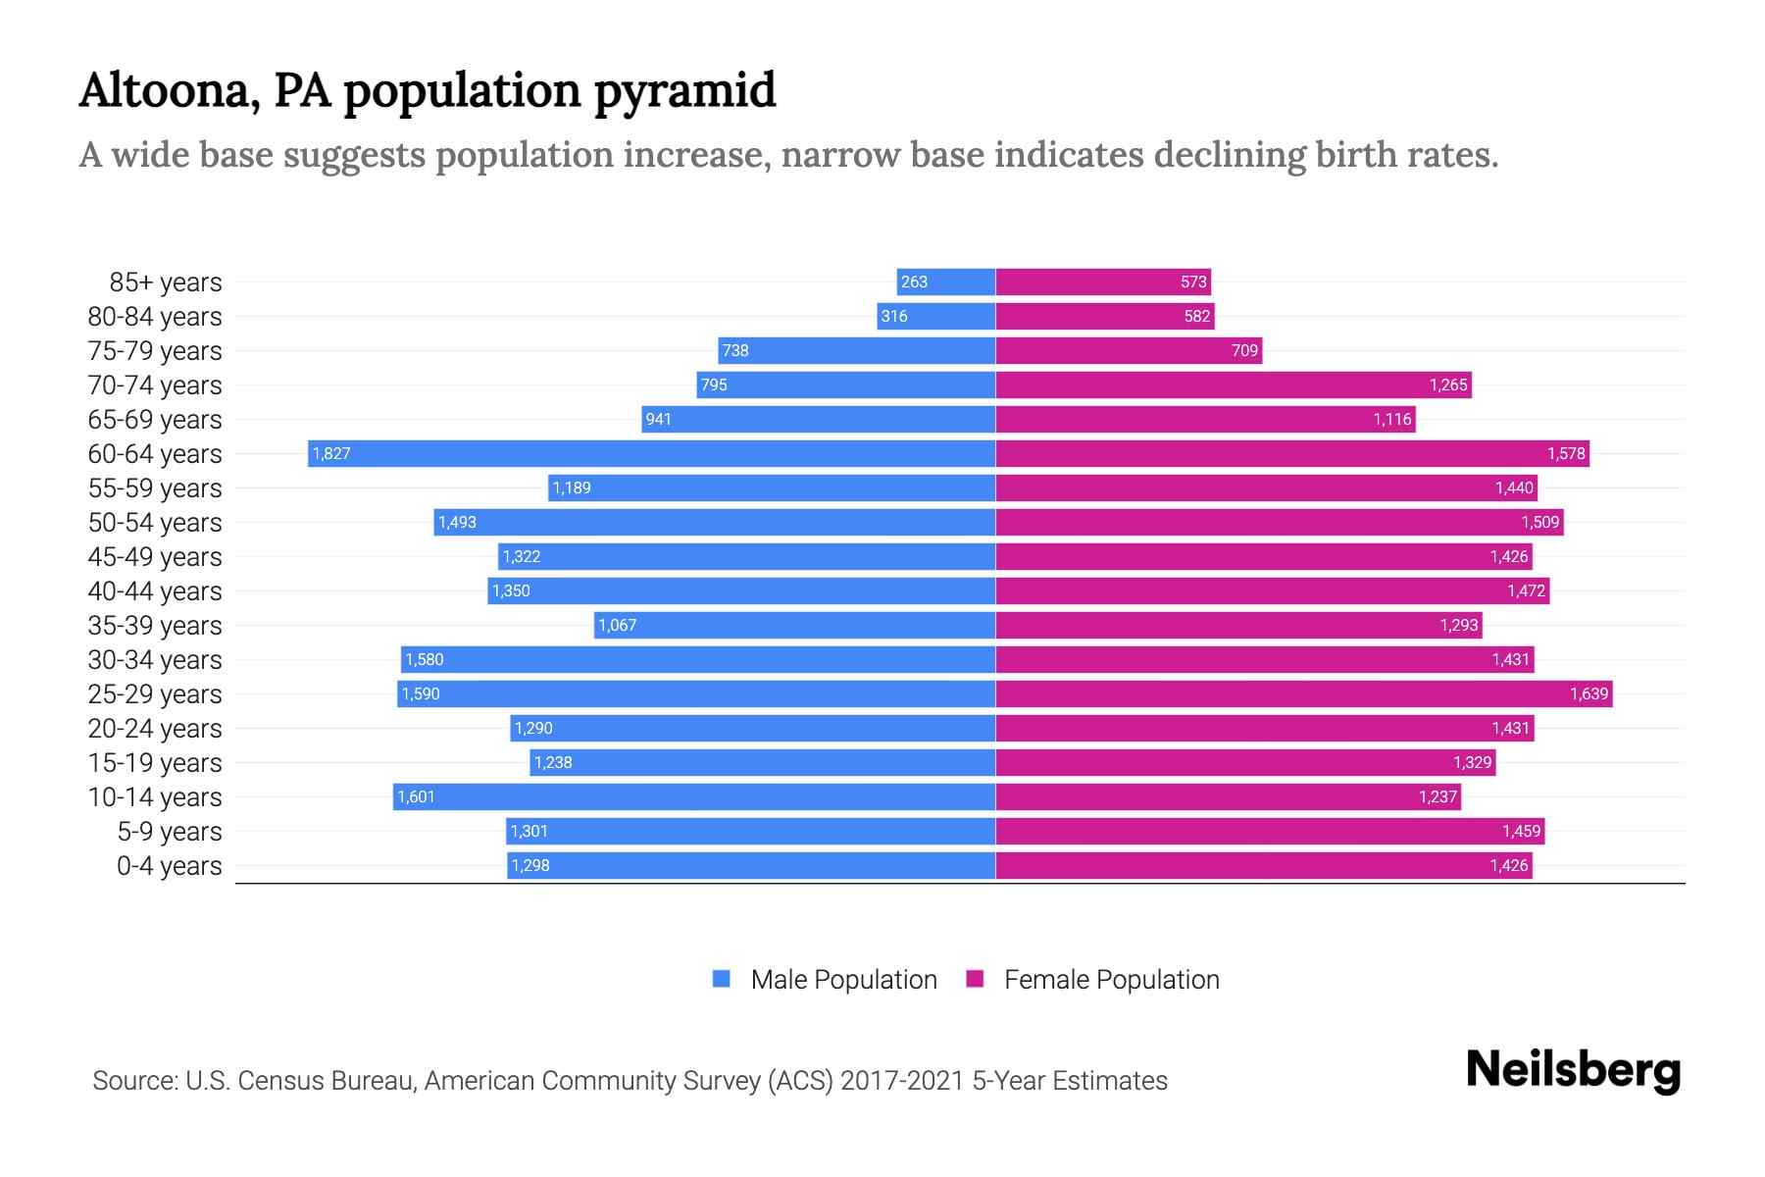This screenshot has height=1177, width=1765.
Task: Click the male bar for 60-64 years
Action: [x=652, y=453]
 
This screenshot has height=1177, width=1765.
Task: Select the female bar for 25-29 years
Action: [x=1304, y=693]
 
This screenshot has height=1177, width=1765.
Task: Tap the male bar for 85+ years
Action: [x=946, y=281]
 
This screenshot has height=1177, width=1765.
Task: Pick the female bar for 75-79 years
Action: [x=1128, y=350]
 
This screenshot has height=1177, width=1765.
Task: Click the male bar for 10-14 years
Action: [x=694, y=796]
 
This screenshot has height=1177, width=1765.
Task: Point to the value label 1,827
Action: [x=331, y=453]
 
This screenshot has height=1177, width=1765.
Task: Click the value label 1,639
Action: [x=1588, y=693]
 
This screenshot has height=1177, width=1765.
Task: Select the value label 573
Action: [x=1193, y=281]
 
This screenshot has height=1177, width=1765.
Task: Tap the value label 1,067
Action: [x=618, y=625]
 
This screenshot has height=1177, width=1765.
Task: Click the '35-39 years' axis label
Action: [x=155, y=625]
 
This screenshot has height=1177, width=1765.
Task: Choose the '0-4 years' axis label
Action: [x=169, y=865]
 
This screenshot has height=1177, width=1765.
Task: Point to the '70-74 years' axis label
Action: [x=155, y=384]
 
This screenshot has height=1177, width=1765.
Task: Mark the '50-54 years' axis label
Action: [x=155, y=522]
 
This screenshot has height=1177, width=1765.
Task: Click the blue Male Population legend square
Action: [x=722, y=979]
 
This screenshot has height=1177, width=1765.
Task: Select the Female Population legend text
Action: [x=1111, y=979]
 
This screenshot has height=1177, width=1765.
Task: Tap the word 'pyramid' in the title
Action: [x=684, y=91]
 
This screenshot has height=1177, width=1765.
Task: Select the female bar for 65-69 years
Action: [x=1206, y=419]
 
